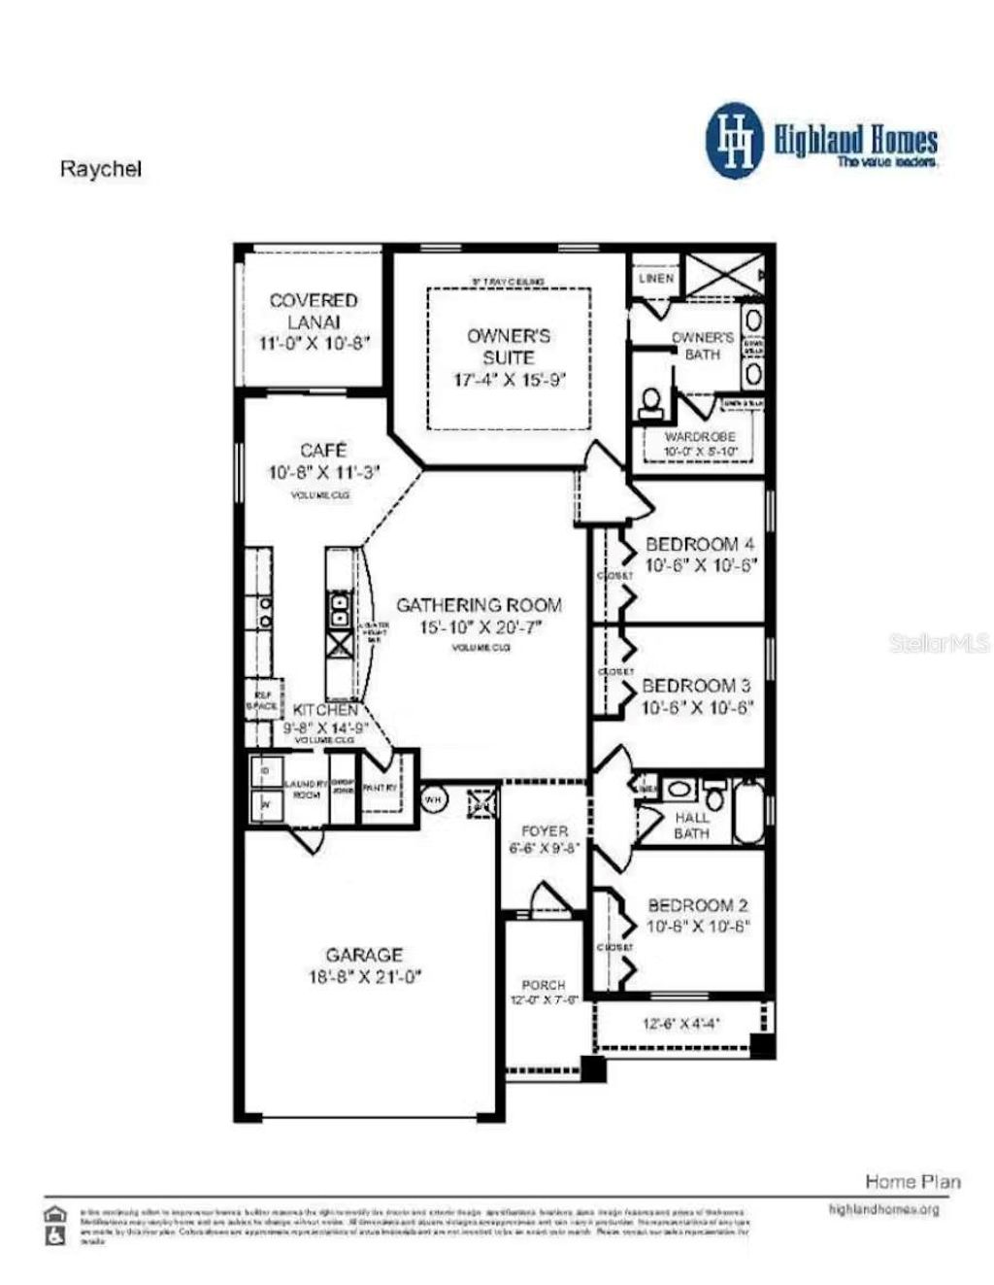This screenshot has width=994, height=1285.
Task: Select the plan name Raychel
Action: (101, 168)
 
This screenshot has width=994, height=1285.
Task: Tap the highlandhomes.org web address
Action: (883, 1209)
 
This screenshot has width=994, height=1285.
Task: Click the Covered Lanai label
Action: (314, 311)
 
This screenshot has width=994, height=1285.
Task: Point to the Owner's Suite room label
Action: (509, 346)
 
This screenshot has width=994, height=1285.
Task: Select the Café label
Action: (323, 451)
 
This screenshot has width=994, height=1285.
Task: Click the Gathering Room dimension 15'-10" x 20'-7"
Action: (480, 627)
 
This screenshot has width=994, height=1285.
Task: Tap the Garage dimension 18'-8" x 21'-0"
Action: (364, 977)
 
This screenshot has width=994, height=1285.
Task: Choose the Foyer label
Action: (545, 831)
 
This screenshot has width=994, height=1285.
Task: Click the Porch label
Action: (544, 985)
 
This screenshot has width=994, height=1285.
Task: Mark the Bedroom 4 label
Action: (700, 544)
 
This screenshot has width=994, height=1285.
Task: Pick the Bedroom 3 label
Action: (696, 686)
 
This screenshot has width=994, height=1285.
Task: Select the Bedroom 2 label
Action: (698, 905)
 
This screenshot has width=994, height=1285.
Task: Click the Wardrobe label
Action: (700, 437)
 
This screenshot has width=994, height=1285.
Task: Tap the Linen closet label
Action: (656, 278)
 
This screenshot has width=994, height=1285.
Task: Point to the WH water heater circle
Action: (433, 798)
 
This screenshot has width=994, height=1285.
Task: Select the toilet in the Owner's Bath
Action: (651, 401)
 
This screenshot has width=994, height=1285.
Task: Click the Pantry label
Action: (379, 788)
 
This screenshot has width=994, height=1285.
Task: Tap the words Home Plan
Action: (912, 1181)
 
